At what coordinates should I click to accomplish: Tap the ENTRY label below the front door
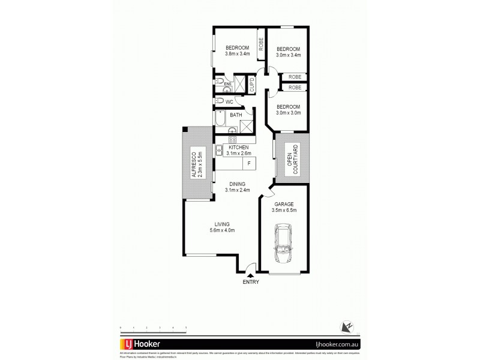[x=251, y=281]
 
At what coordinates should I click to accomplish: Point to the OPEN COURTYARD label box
[x=292, y=160]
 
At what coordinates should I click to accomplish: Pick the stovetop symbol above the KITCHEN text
[x=233, y=140]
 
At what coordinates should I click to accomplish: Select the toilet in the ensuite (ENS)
[x=220, y=82]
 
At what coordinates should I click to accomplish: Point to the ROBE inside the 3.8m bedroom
[x=260, y=45]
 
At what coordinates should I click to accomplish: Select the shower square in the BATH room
[x=245, y=126]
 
